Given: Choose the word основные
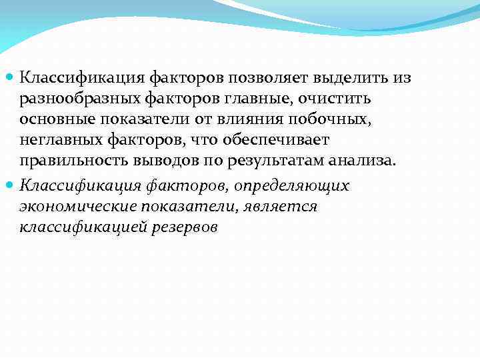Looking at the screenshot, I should tap(59, 119).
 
